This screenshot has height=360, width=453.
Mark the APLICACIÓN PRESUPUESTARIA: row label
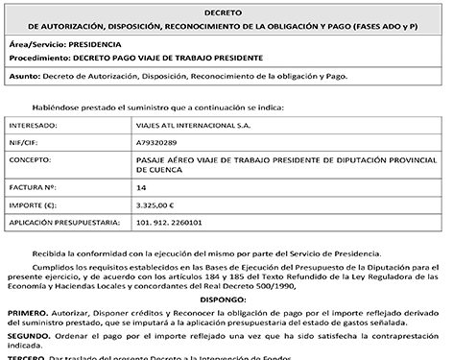(62, 222)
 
